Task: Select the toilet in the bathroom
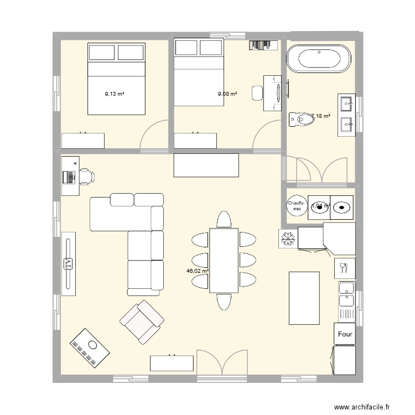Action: click(x=302, y=118)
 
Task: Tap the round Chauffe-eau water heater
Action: click(x=295, y=206)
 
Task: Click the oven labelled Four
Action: click(x=345, y=334)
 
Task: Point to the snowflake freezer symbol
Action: click(x=287, y=238)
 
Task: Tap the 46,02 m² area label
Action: click(x=198, y=271)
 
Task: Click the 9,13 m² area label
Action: click(x=115, y=94)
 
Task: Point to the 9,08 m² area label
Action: click(x=227, y=94)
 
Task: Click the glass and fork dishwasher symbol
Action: click(x=343, y=268)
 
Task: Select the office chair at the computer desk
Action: click(x=87, y=176)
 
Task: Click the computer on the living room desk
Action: click(x=69, y=177)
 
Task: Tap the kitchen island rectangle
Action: click(x=304, y=298)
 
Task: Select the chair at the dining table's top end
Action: click(x=224, y=220)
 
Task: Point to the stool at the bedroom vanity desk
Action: click(x=257, y=93)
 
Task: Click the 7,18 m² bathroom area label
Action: click(x=321, y=116)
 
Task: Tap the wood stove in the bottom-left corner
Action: click(x=90, y=348)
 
